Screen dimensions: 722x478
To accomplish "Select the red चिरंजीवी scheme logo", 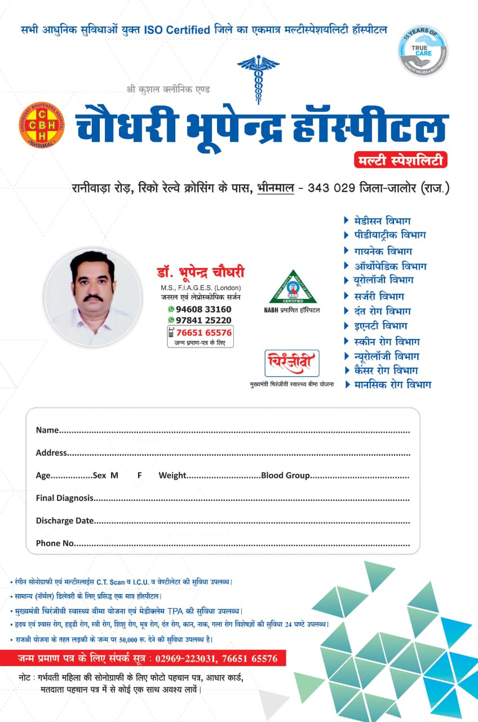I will click(291, 363).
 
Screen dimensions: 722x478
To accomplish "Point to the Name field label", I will click(47, 430).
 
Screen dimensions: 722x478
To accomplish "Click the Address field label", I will click(51, 453).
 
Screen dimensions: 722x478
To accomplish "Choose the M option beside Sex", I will click(114, 476).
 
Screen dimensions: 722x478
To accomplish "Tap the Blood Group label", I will click(285, 476).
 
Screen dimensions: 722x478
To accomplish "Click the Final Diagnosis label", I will click(65, 498).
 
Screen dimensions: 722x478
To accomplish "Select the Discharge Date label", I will click(65, 521).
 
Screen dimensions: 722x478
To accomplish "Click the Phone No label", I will click(55, 543).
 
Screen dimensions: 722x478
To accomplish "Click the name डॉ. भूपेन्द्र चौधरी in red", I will click(201, 273).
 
